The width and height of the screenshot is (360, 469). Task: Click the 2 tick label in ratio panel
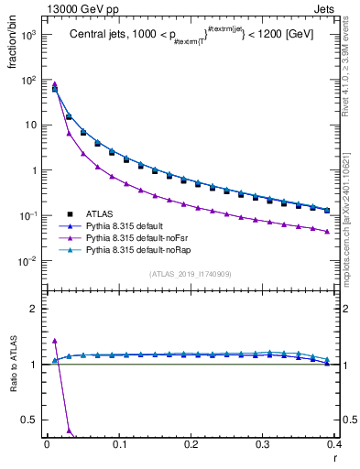pyautogui.click(x=34, y=309)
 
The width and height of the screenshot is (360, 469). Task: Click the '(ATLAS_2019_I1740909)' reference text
pyautogui.click(x=191, y=274)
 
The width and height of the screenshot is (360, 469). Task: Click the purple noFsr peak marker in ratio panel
pyautogui.click(x=55, y=341)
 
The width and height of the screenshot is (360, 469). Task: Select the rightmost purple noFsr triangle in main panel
pyautogui.click(x=327, y=231)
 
